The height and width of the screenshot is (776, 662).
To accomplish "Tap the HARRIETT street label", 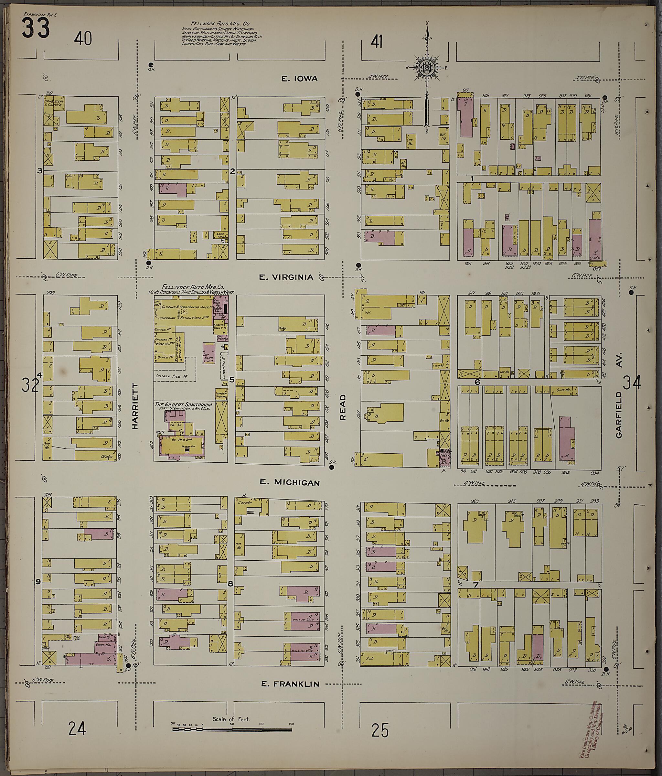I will (x=135, y=406).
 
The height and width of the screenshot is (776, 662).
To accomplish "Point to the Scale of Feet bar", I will (x=232, y=729).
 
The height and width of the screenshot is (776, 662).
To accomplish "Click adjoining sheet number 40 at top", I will (x=83, y=38).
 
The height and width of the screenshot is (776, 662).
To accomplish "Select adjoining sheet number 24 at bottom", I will (x=77, y=728).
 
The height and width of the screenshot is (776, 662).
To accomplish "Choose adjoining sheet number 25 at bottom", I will (x=380, y=730).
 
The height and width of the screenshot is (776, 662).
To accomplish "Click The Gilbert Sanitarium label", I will (x=184, y=404).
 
